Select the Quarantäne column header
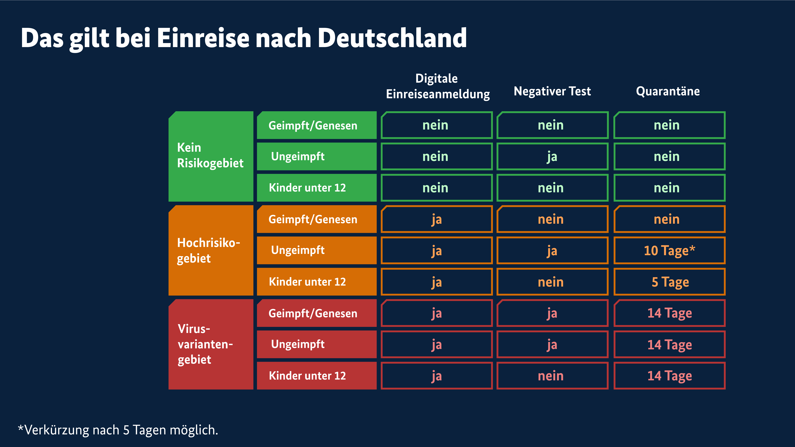668,91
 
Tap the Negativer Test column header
552,91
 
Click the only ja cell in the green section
552,156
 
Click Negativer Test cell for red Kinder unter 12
552,376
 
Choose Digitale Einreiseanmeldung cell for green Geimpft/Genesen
436,125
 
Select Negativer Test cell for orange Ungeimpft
552,251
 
